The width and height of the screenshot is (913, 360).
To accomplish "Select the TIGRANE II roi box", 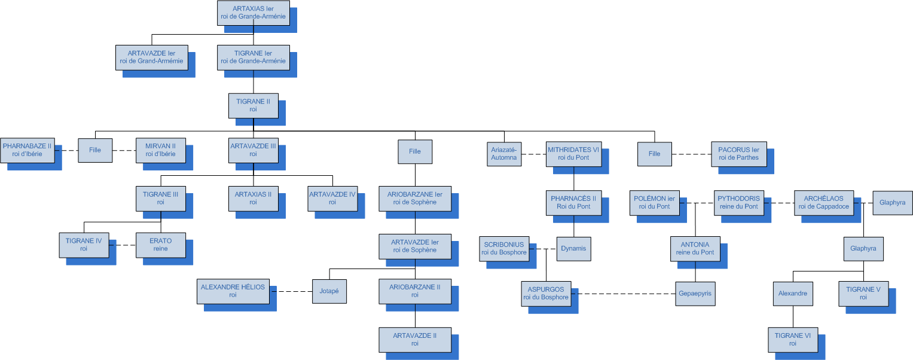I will (254, 105).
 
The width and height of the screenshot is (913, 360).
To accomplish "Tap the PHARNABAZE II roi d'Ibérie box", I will (28, 150).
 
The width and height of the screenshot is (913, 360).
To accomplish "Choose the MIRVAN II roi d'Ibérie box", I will (160, 150).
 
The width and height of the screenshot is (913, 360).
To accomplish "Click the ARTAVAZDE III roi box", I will (254, 150).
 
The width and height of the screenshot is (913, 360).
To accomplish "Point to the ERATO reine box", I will (160, 245).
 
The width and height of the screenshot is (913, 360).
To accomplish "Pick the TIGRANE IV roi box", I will (84, 245).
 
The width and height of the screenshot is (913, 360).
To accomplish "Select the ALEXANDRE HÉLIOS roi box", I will (233, 291).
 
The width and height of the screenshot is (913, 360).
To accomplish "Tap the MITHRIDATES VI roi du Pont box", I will (573, 154).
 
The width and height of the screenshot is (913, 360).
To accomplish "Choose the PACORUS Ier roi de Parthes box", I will (738, 154).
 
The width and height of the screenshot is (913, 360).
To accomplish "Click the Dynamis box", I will (573, 248).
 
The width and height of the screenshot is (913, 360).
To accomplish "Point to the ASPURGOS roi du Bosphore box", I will (546, 294).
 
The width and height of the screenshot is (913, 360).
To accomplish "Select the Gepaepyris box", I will (695, 294).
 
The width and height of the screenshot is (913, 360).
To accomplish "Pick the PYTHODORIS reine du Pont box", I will (738, 203).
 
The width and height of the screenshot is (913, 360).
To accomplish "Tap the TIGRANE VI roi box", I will (792, 340).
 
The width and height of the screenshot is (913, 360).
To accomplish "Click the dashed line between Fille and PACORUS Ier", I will (691, 154).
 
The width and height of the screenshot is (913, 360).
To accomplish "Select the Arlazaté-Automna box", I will (504, 154).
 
